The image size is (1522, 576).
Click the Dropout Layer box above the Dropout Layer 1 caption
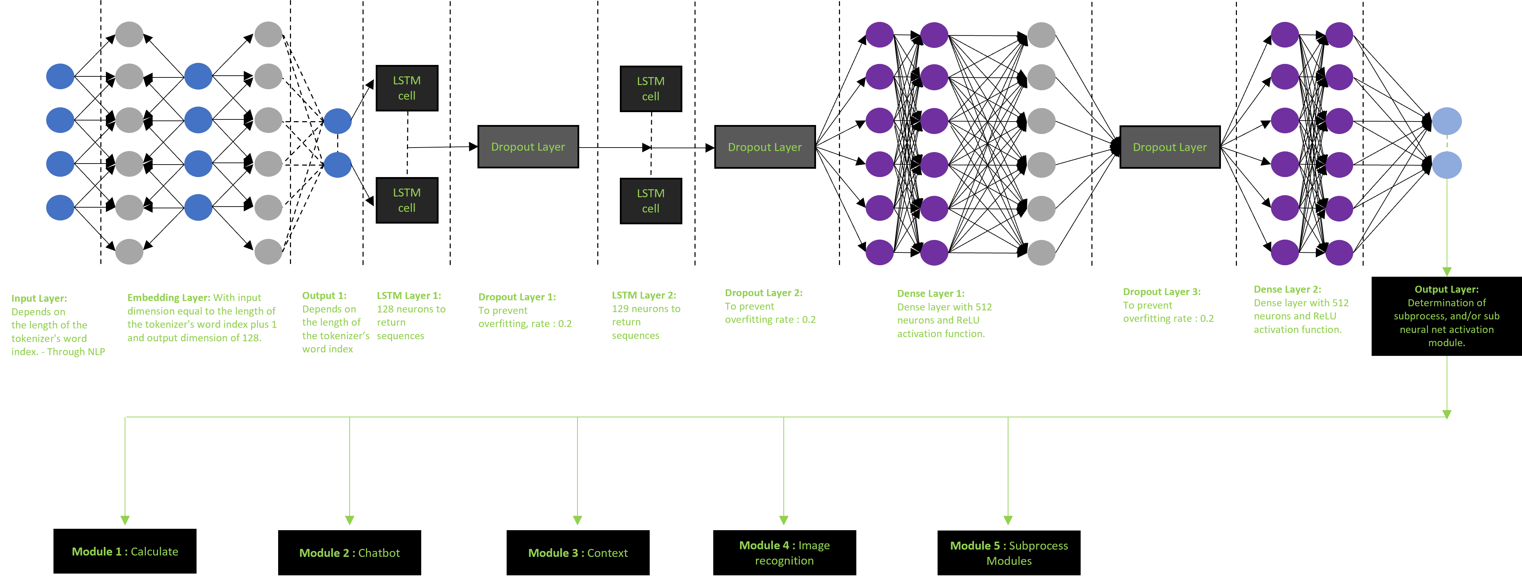pyautogui.click(x=527, y=147)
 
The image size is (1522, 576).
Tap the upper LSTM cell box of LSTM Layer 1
pyautogui.click(x=407, y=88)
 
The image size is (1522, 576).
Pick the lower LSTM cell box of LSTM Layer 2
pyautogui.click(x=650, y=201)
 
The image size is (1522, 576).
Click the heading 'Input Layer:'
pyautogui.click(x=39, y=298)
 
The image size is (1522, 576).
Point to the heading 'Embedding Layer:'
pyautogui.click(x=168, y=298)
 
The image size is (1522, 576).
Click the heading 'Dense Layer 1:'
pyautogui.click(x=931, y=294)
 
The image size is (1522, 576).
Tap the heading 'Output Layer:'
pyautogui.click(x=1446, y=290)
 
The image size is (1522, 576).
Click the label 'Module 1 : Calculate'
pyautogui.click(x=125, y=552)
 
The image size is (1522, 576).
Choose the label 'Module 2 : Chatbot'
pyautogui.click(x=349, y=553)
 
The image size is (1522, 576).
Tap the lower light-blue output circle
pyautogui.click(x=1446, y=165)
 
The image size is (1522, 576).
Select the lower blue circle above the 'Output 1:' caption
pyautogui.click(x=338, y=165)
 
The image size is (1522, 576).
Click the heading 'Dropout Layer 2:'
pyautogui.click(x=763, y=293)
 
